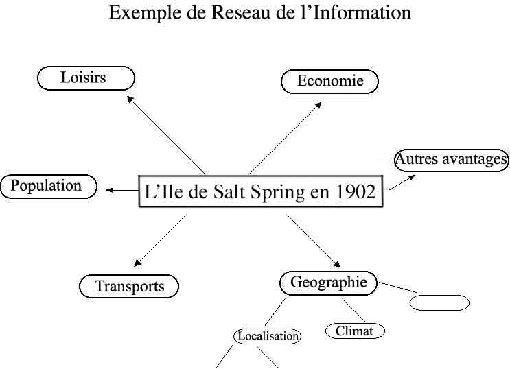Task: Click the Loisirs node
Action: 85,78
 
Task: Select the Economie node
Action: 329,82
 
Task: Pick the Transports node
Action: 129,286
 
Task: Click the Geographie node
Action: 328,283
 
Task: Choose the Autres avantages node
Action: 451,160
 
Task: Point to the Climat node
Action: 354,331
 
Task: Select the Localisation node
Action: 268,336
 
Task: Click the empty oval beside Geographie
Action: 439,302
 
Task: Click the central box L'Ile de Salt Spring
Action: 260,192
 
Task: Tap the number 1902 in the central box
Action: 356,192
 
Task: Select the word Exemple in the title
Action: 141,12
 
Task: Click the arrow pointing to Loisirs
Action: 167,134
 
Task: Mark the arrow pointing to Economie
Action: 285,138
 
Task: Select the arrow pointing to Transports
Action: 160,240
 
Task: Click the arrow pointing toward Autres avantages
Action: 402,182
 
